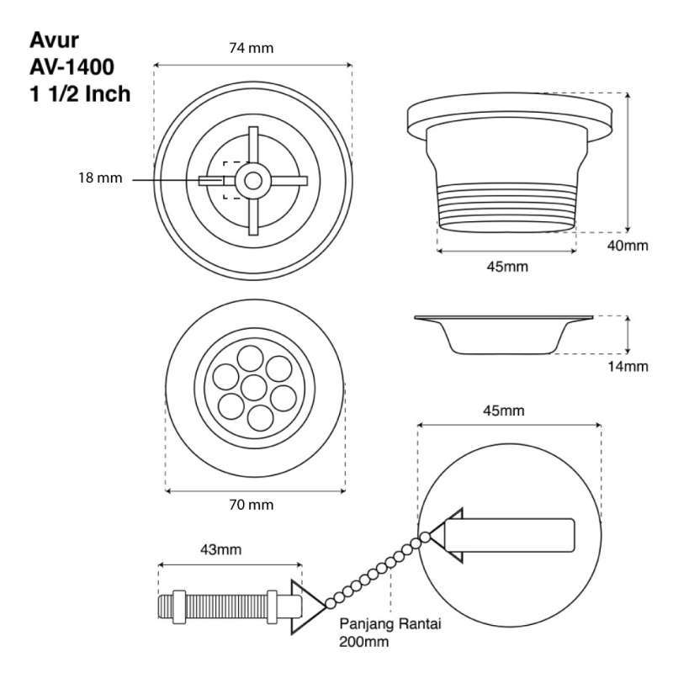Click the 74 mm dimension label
[252, 48]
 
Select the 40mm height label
[627, 246]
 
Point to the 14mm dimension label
[628, 366]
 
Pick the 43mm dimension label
[220, 550]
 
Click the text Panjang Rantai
[391, 625]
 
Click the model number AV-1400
[73, 66]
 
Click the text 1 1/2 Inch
[80, 93]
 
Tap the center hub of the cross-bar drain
[252, 179]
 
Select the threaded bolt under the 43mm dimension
[223, 605]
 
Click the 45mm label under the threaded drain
[506, 266]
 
